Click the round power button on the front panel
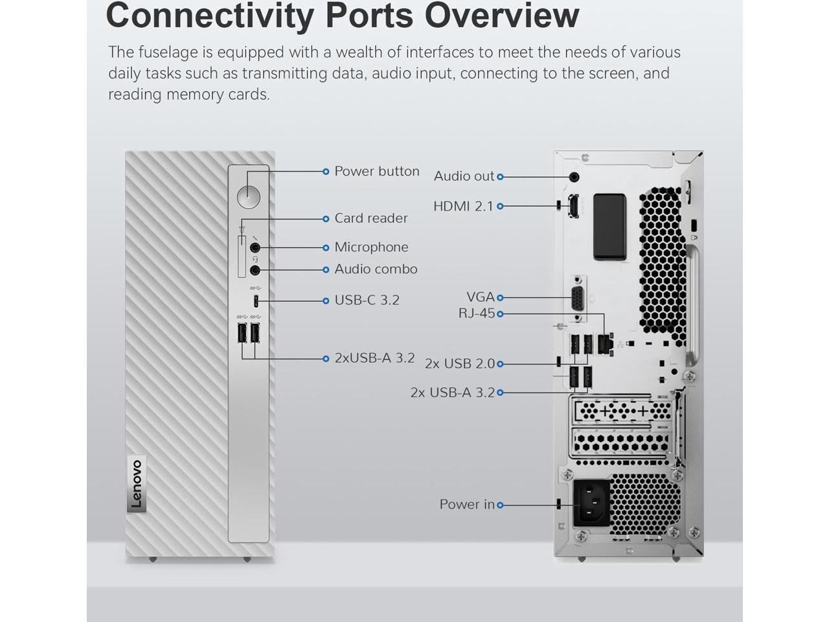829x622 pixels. pyautogui.click(x=248, y=195)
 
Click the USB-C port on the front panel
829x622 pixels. pyautogui.click(x=256, y=301)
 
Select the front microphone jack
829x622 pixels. pyautogui.click(x=255, y=247)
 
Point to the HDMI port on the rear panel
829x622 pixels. pyautogui.click(x=573, y=206)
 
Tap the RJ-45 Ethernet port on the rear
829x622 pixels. pyautogui.click(x=605, y=343)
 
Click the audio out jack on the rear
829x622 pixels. pyautogui.click(x=574, y=176)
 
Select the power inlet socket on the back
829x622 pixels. pyautogui.click(x=592, y=504)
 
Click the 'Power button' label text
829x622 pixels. pyautogui.click(x=376, y=172)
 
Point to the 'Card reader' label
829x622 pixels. pyautogui.click(x=370, y=218)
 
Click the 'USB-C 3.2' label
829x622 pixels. pyautogui.click(x=367, y=301)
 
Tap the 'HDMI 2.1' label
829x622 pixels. pyautogui.click(x=463, y=206)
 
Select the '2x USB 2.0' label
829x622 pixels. pyautogui.click(x=459, y=363)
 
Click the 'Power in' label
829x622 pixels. pyautogui.click(x=466, y=504)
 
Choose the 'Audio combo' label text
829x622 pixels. pyautogui.click(x=376, y=269)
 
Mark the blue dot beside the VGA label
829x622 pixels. pyautogui.click(x=500, y=297)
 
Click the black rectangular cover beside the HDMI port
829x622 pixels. pyautogui.click(x=609, y=226)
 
